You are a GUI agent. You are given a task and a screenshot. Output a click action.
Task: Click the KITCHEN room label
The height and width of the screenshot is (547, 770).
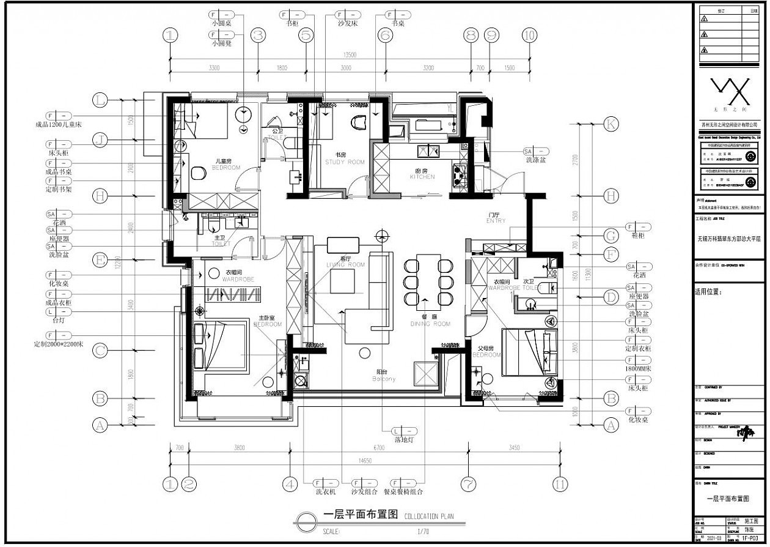tap(422, 177)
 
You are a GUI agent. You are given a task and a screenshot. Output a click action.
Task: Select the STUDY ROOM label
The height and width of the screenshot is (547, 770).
tap(345, 162)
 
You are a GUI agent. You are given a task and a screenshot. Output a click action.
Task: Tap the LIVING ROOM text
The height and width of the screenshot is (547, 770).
tap(345, 264)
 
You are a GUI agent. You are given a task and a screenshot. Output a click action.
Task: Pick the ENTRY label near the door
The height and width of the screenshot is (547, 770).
tap(496, 221)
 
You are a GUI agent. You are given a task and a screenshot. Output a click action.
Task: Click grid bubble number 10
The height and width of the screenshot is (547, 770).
tap(530, 35)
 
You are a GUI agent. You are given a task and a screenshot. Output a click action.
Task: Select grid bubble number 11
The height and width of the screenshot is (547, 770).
tap(560, 484)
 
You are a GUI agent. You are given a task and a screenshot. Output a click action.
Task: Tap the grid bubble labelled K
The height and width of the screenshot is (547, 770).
tap(610, 124)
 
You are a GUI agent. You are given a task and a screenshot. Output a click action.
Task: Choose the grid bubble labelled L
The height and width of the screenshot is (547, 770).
tap(100, 99)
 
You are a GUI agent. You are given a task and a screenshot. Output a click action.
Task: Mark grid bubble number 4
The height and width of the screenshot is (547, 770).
tap(291, 484)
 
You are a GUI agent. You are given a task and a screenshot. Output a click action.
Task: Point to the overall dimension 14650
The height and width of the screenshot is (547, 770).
tap(364, 461)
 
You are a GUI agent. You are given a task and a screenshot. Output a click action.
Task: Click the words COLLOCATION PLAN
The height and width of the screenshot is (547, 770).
tap(429, 516)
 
